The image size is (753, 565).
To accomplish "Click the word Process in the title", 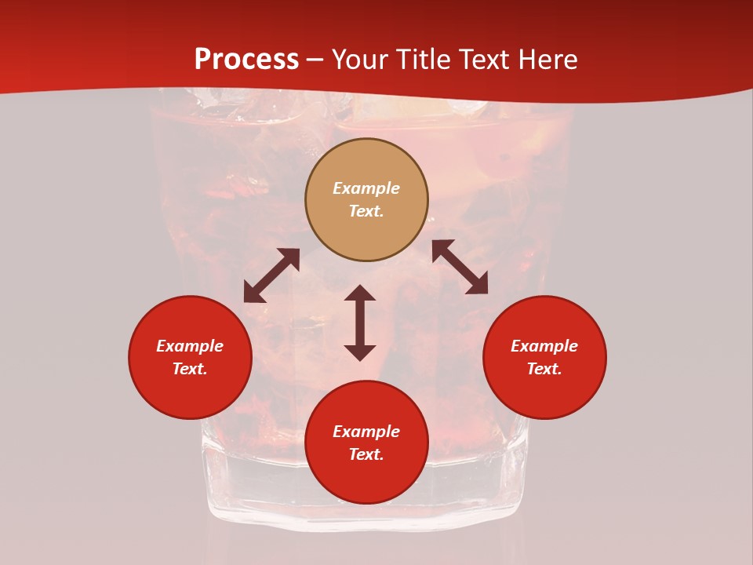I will (x=246, y=60).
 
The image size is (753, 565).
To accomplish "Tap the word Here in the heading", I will (x=546, y=60).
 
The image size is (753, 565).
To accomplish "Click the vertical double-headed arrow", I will (x=360, y=323).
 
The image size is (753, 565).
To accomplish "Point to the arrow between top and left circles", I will (x=271, y=275).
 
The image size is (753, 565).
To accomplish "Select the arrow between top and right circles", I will (x=460, y=267).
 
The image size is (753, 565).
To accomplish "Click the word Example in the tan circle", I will (x=366, y=188).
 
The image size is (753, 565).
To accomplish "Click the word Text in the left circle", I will (x=190, y=369).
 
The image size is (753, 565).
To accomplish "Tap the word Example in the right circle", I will (x=544, y=346).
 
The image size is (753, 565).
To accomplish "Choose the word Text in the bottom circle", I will (x=366, y=454).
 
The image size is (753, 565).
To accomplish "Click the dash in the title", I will (x=315, y=60).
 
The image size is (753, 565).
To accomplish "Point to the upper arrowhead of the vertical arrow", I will (x=360, y=293).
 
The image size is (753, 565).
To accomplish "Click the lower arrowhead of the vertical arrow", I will (x=360, y=352).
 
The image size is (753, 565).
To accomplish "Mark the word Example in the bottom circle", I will (x=366, y=432).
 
